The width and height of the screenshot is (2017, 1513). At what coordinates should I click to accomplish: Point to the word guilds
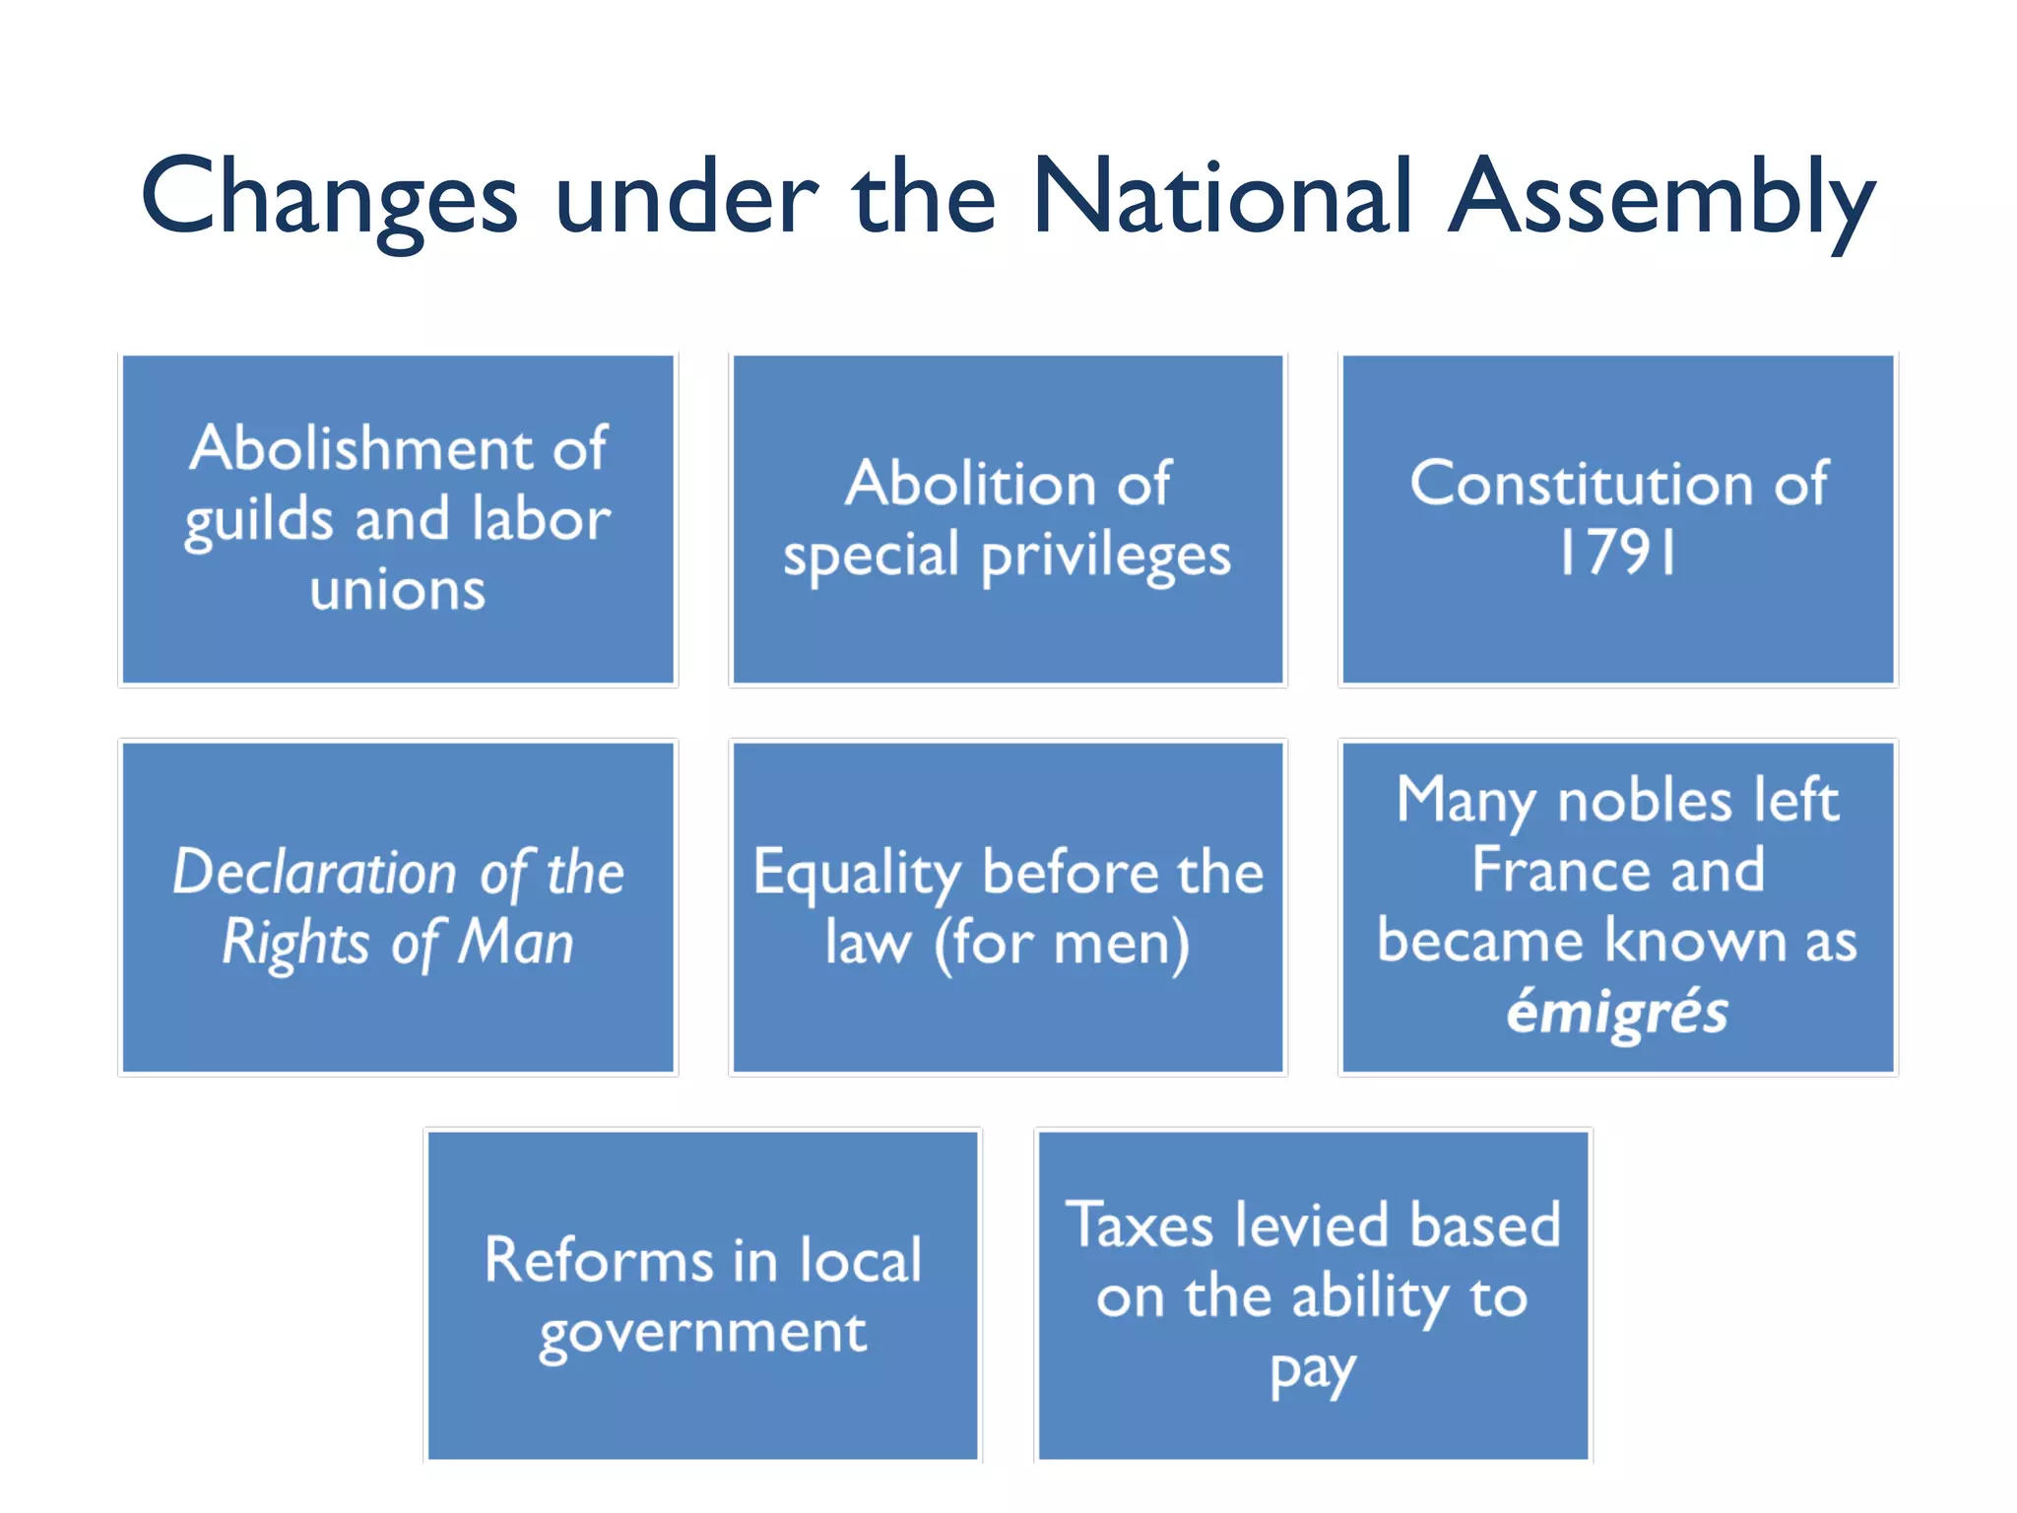coord(259,521)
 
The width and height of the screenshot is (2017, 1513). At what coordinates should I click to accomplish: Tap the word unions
coord(398,590)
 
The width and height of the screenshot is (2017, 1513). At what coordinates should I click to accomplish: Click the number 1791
coord(1616,553)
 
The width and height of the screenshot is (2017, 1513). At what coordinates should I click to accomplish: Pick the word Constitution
coord(1582,484)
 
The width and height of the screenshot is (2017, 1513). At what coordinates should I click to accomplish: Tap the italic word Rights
coord(294,944)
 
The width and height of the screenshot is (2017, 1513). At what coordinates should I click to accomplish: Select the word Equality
coord(856,874)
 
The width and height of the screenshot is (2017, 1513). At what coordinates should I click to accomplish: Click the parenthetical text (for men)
coord(1062,944)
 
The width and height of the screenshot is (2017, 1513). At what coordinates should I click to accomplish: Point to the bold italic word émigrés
coord(1616,1013)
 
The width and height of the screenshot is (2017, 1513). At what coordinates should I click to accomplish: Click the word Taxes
coord(1139,1225)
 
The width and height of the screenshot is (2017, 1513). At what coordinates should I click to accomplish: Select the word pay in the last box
coord(1313,1371)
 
